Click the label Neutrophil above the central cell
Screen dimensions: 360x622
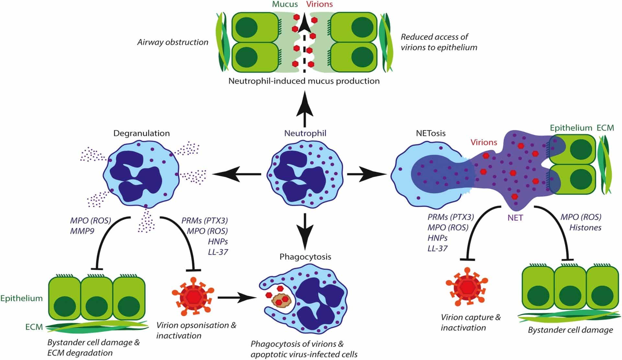coord(305,133)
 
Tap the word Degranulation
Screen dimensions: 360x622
coord(142,133)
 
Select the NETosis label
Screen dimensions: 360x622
coord(431,133)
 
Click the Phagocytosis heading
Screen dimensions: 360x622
coord(305,257)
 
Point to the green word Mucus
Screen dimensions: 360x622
coord(285,4)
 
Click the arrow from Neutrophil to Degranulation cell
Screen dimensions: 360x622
coord(236,175)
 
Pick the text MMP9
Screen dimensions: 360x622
coord(82,231)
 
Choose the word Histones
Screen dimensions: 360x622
coord(585,228)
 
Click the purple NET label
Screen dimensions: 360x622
coord(515,218)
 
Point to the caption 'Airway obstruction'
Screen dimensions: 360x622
coord(172,42)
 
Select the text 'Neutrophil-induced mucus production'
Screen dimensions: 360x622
coord(304,81)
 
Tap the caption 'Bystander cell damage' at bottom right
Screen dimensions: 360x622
coord(570,330)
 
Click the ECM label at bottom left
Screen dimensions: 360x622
coord(34,327)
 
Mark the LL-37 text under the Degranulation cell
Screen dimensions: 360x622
coord(218,252)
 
